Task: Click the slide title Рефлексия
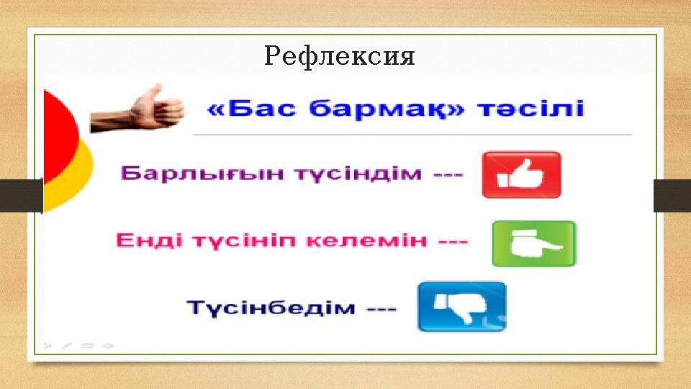(x=340, y=56)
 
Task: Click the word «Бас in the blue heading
(x=249, y=109)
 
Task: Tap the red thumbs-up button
(x=521, y=174)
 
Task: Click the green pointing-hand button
(x=533, y=244)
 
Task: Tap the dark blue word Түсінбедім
(x=271, y=307)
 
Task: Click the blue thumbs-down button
(x=461, y=306)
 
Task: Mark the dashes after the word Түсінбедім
(x=381, y=308)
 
